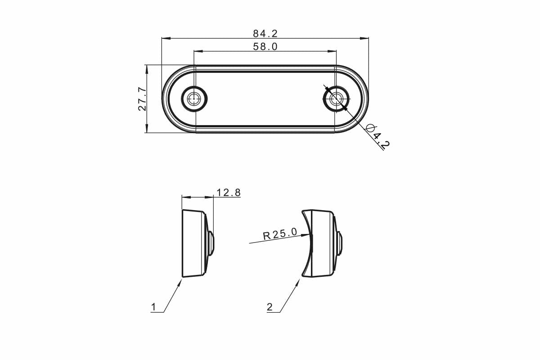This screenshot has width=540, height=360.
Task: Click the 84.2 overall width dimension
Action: coord(265,34)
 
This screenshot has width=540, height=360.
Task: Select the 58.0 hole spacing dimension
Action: coord(265,46)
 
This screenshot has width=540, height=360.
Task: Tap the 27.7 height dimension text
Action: coord(142,99)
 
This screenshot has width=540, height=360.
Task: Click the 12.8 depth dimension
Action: coord(229,193)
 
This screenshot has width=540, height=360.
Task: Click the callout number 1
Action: coord(153,307)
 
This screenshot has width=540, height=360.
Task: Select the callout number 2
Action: coord(270,307)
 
